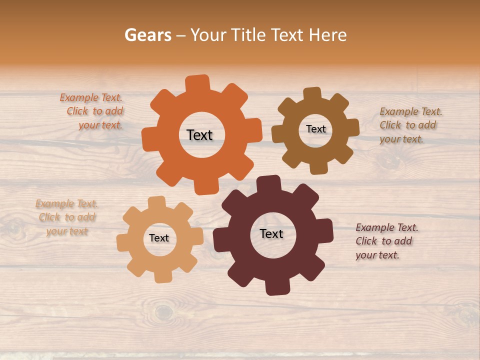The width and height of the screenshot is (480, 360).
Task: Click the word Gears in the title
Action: pos(147,35)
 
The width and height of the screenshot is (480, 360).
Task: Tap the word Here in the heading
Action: pos(327,35)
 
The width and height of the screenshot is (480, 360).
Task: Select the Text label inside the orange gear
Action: pos(200,135)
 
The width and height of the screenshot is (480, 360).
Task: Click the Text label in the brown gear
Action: pos(316,129)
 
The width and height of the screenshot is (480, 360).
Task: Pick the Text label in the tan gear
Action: pos(159,238)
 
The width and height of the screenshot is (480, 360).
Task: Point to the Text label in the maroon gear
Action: pos(271,233)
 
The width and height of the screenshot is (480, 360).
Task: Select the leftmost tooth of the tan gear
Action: pos(123,243)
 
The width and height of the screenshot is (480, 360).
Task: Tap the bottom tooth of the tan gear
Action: pos(163,275)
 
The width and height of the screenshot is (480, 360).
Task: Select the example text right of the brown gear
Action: pos(410,125)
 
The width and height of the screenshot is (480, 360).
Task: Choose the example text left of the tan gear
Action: pos(67,217)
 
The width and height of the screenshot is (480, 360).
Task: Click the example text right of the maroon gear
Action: pos(386,241)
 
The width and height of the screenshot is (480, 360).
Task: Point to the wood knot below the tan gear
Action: pos(163,312)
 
